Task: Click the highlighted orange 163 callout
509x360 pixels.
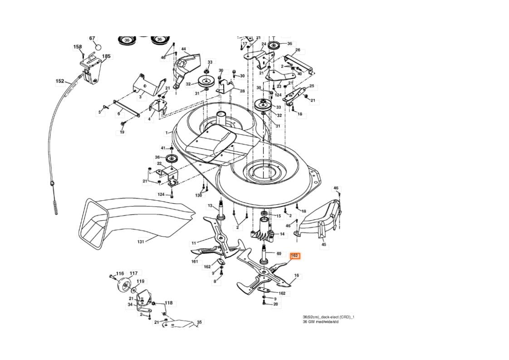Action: click(x=294, y=256)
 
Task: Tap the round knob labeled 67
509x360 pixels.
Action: click(x=98, y=46)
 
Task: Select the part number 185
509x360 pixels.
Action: click(x=106, y=57)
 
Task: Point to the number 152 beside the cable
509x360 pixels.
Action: click(x=60, y=81)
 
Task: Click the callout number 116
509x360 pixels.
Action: click(x=120, y=274)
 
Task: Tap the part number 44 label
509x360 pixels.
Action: click(x=184, y=49)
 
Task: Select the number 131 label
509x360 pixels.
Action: click(x=141, y=242)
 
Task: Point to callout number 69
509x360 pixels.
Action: click(x=279, y=253)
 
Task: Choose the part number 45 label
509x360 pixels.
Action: click(x=323, y=245)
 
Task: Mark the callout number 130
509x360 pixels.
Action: click(x=199, y=195)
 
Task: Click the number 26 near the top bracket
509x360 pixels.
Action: click(x=298, y=50)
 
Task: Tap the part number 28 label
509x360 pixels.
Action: click(x=242, y=91)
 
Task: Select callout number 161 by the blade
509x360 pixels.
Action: click(x=195, y=261)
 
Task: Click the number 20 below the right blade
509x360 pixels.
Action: click(x=275, y=305)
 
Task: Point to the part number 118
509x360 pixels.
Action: click(x=168, y=303)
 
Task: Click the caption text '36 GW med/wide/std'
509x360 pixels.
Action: click(x=320, y=322)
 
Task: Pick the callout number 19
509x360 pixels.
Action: click(x=122, y=132)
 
